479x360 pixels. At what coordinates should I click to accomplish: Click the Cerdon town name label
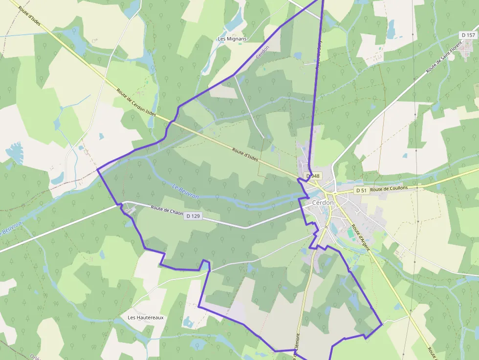tap(323, 203)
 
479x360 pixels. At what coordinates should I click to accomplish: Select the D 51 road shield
tap(361, 190)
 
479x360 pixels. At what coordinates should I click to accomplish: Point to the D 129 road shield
tap(193, 216)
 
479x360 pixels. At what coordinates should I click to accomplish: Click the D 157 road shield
tap(468, 35)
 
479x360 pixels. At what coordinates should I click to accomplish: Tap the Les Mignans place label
tap(232, 39)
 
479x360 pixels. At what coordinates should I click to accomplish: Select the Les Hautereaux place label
tap(146, 318)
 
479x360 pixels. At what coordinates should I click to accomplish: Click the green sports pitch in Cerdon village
tap(351, 234)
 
